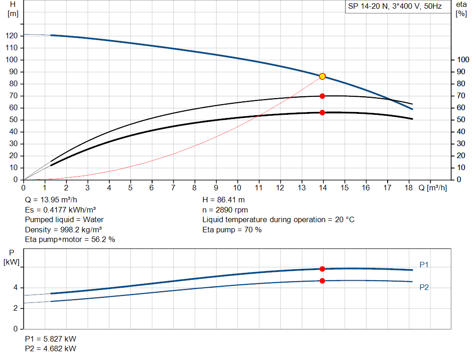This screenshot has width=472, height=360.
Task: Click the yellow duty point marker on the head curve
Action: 322,76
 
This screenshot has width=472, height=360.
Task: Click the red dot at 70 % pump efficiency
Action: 322,96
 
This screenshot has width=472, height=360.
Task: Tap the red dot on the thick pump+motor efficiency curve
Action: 322,112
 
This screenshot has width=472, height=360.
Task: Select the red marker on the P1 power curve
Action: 322,269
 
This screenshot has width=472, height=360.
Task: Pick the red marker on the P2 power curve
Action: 322,281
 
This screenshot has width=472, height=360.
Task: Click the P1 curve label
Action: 424,265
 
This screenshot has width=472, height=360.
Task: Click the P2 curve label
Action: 424,287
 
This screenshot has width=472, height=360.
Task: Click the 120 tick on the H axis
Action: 12,36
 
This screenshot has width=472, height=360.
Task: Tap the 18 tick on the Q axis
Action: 408,188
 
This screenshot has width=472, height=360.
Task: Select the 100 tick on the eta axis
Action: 462,60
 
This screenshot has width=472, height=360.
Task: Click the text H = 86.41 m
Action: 224,200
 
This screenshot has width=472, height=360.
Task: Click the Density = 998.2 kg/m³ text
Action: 64,229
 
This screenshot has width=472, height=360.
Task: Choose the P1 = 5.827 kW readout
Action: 51,339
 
